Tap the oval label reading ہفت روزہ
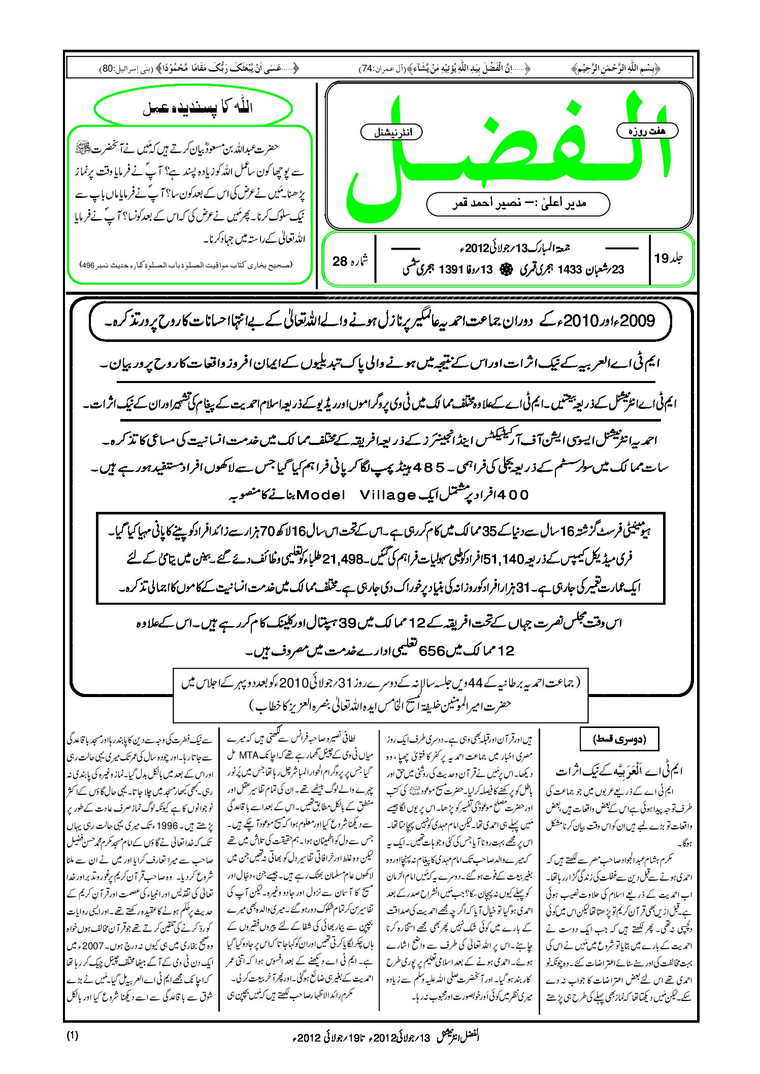pos(647,131)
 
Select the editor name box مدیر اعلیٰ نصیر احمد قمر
pos(518,203)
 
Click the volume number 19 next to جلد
pos(662,259)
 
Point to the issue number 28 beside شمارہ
pos(340,261)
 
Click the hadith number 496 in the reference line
pos(89,265)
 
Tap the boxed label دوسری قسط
pos(619,739)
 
